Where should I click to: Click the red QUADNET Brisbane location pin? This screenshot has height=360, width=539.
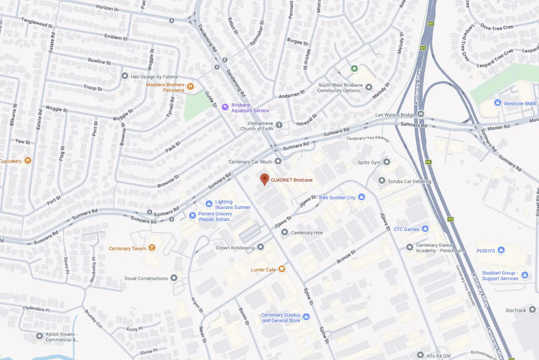pyautogui.click(x=265, y=179)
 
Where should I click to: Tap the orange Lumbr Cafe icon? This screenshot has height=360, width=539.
pyautogui.click(x=282, y=269)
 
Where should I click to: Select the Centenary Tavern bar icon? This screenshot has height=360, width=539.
pyautogui.click(x=152, y=248)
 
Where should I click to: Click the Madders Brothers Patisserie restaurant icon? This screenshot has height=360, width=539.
pyautogui.click(x=190, y=87)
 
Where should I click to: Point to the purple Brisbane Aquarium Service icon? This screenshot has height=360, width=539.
pyautogui.click(x=225, y=107)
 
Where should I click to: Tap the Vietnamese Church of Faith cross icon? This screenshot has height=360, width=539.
pyautogui.click(x=279, y=125)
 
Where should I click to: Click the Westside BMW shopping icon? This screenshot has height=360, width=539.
pyautogui.click(x=497, y=103)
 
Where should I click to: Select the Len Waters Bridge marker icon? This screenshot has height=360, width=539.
pyautogui.click(x=420, y=114)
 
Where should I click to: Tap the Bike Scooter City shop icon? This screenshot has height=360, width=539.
pyautogui.click(x=362, y=197)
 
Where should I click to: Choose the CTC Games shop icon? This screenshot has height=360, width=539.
pyautogui.click(x=425, y=229)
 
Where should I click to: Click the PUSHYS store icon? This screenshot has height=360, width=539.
pyautogui.click(x=501, y=250)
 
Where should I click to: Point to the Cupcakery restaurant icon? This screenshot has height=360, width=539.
pyautogui.click(x=28, y=160)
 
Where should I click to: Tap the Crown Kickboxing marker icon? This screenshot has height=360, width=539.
pyautogui.click(x=261, y=247)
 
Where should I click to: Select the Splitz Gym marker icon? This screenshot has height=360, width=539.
pyautogui.click(x=387, y=162)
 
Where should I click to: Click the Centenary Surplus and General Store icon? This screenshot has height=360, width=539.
pyautogui.click(x=306, y=318)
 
